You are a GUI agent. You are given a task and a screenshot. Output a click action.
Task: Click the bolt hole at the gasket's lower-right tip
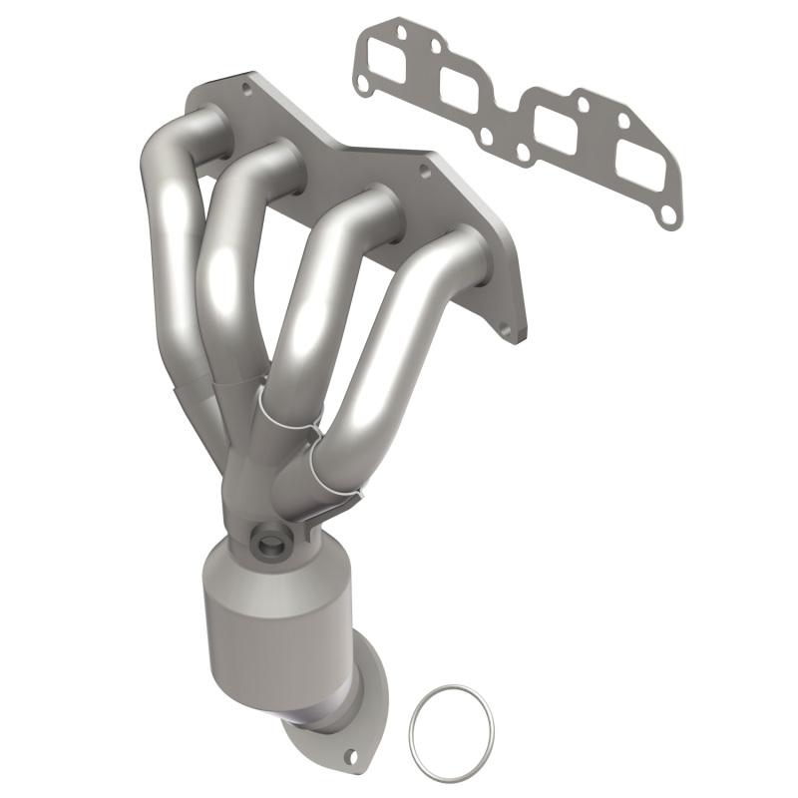(x=668, y=213)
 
